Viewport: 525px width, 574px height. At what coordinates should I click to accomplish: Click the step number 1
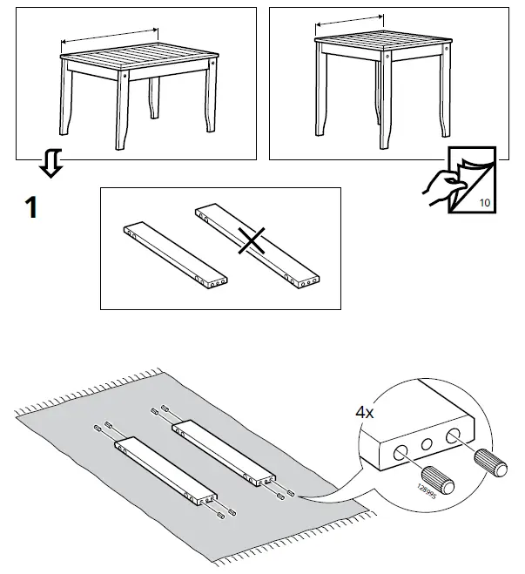(x=30, y=209)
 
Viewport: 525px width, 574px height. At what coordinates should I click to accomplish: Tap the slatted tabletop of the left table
(x=139, y=58)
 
